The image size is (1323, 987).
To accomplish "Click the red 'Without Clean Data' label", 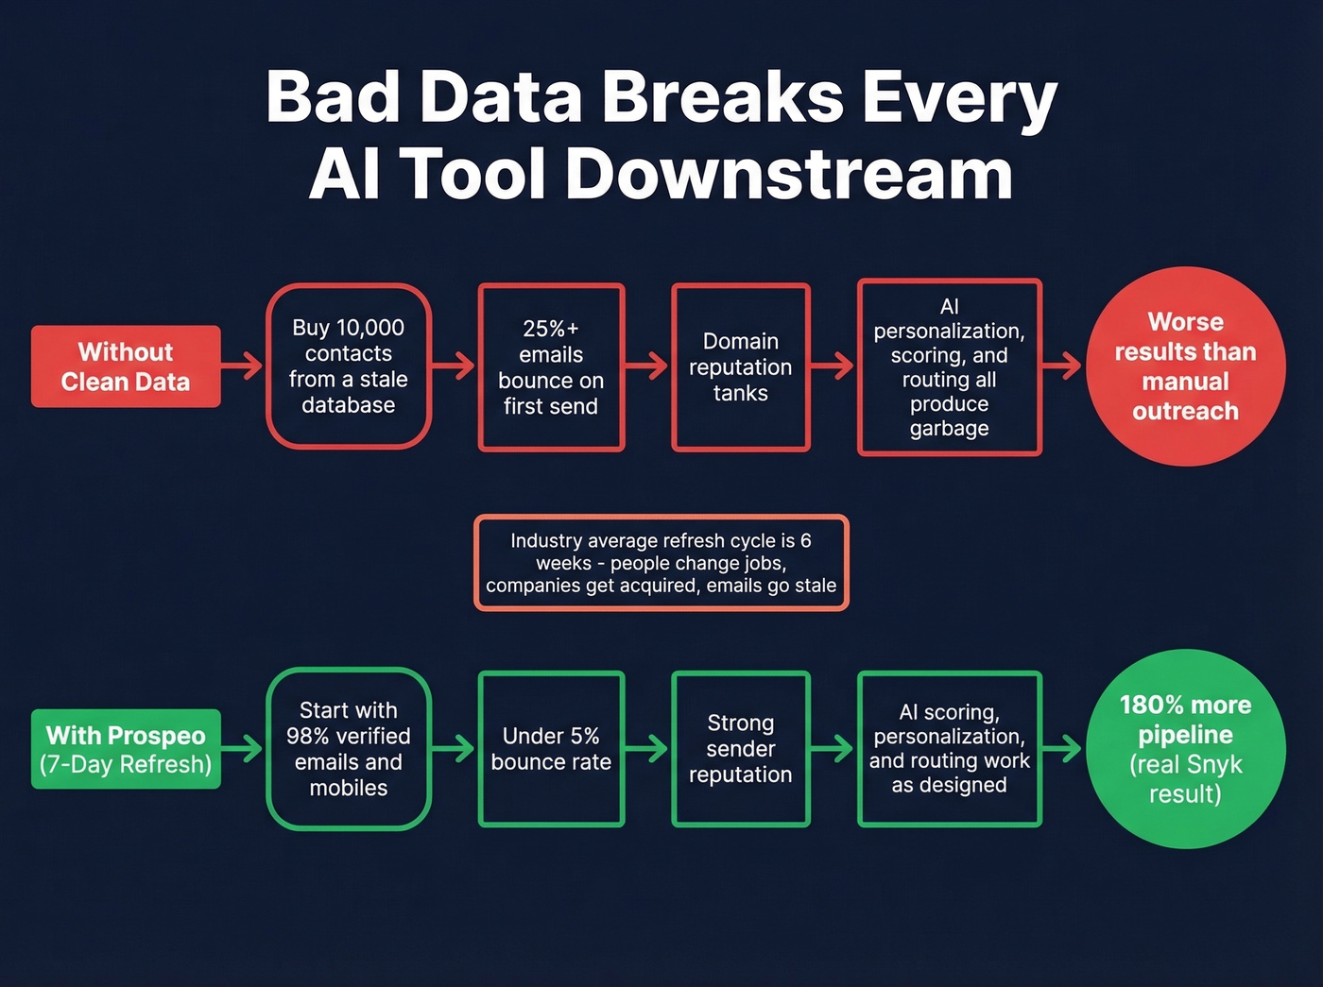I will [126, 366].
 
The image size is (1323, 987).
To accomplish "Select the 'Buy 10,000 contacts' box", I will [349, 366].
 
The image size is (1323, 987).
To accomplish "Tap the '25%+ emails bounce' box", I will [551, 367].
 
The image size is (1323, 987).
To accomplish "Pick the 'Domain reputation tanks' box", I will [741, 367].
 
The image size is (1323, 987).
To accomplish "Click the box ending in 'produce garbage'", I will [949, 367].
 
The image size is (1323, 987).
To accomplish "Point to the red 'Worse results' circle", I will [1185, 366].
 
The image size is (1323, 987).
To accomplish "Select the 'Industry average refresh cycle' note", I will [661, 563].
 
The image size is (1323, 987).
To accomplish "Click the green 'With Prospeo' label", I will [126, 749].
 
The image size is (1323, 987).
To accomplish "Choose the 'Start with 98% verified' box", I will [349, 749].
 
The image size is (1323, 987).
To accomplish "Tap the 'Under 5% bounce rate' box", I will [551, 749].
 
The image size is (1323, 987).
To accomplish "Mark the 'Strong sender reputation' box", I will [741, 749].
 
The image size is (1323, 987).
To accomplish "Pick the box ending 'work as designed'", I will [949, 749].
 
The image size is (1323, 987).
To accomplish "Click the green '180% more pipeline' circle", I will [1185, 749].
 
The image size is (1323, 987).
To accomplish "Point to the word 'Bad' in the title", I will [332, 97].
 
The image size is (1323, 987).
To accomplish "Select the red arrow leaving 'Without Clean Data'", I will [243, 366].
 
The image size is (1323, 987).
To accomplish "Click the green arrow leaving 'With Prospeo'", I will [243, 749].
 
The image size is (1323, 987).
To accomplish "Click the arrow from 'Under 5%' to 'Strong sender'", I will [647, 749].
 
